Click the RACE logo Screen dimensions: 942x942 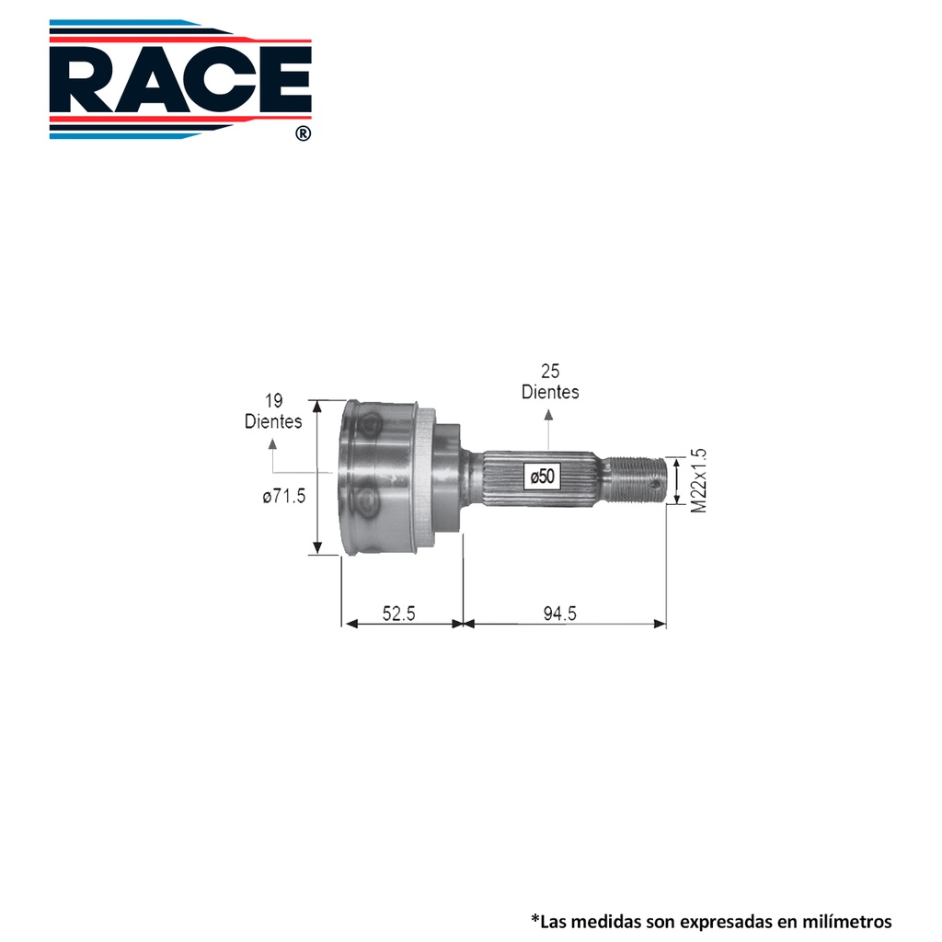180,79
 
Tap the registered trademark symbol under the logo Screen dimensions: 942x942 304,133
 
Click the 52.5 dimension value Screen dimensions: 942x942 399,614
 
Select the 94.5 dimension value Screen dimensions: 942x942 560,614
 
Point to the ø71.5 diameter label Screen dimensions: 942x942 284,496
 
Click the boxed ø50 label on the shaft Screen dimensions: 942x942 543,477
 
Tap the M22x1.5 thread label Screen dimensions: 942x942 699,480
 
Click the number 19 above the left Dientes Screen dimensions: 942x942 274,401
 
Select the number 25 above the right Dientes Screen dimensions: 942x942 550,372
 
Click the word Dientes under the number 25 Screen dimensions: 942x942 550,392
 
